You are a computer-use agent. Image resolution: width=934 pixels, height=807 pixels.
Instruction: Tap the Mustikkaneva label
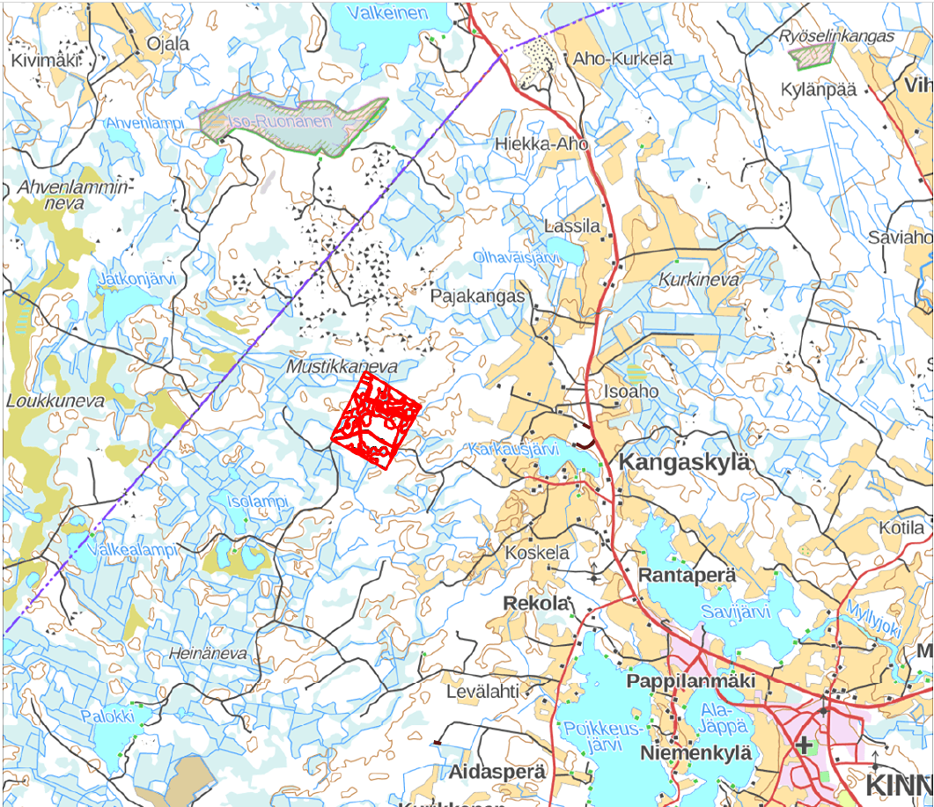342,365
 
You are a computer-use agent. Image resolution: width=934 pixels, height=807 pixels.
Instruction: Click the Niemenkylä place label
696,753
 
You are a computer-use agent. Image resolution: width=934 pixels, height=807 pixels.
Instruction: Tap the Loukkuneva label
55,400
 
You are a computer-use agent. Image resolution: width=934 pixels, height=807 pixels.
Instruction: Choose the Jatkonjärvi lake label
138,279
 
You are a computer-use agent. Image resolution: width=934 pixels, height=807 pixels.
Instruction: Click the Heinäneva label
208,654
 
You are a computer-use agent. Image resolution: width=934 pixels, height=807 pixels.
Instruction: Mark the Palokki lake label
108,715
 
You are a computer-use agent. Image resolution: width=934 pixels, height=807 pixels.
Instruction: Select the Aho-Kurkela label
622,59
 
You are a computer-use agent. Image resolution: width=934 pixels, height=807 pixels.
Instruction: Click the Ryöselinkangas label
836,36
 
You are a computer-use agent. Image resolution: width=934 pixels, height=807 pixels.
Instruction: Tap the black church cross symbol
803,745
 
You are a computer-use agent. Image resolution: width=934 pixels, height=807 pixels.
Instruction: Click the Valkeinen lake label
387,12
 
